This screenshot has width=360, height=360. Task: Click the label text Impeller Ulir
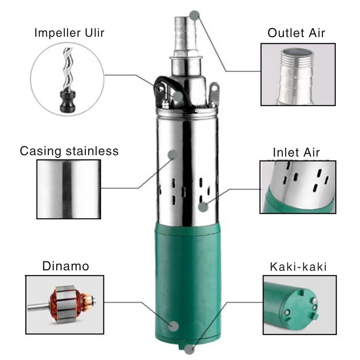pyautogui.click(x=69, y=33)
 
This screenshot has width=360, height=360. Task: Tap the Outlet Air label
pyautogui.click(x=296, y=33)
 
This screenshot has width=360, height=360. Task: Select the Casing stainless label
pyautogui.click(x=69, y=151)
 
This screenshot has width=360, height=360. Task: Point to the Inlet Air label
pyautogui.click(x=296, y=152)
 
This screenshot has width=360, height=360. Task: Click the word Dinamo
pyautogui.click(x=66, y=266)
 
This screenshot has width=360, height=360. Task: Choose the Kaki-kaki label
pyautogui.click(x=298, y=267)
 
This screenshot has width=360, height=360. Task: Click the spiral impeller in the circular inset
pyautogui.click(x=68, y=69)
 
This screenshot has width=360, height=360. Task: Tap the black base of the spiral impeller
pyautogui.click(x=68, y=102)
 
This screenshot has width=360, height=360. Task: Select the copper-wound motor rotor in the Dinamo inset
pyautogui.click(x=62, y=304)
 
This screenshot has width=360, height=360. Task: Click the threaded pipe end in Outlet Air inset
pyautogui.click(x=297, y=57)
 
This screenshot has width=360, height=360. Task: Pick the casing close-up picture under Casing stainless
pyautogui.click(x=69, y=189)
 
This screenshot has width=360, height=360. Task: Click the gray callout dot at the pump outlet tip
pyautogui.click(x=194, y=15)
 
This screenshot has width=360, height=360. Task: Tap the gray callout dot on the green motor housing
pyautogui.click(x=174, y=326)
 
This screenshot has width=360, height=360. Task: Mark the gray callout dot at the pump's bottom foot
pyautogui.click(x=189, y=349)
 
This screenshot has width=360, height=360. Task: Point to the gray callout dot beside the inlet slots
pyautogui.click(x=203, y=207)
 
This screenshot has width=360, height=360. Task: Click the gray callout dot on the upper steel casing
pyautogui.click(x=173, y=155)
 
